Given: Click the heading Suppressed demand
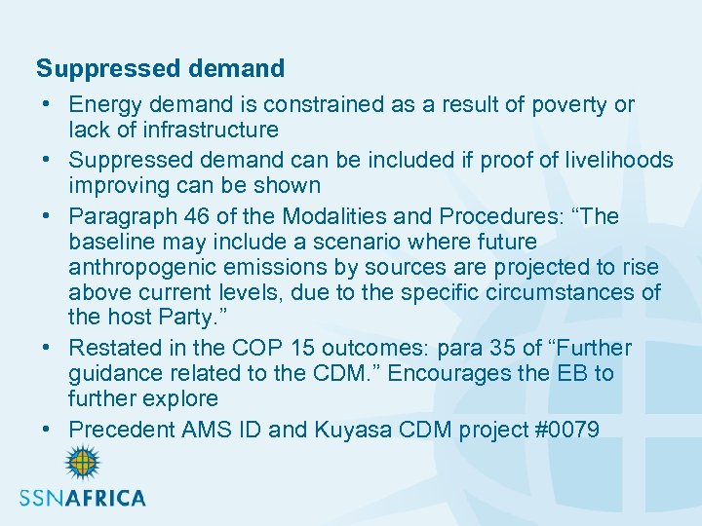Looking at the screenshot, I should pyautogui.click(x=160, y=69).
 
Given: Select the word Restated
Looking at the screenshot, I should pyautogui.click(x=116, y=349).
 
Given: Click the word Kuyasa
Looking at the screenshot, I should pyautogui.click(x=351, y=430).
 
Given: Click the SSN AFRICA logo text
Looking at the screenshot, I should pyautogui.click(x=83, y=498).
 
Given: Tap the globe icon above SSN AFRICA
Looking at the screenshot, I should pyautogui.click(x=82, y=464).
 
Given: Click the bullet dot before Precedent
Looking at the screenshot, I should pyautogui.click(x=47, y=431).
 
